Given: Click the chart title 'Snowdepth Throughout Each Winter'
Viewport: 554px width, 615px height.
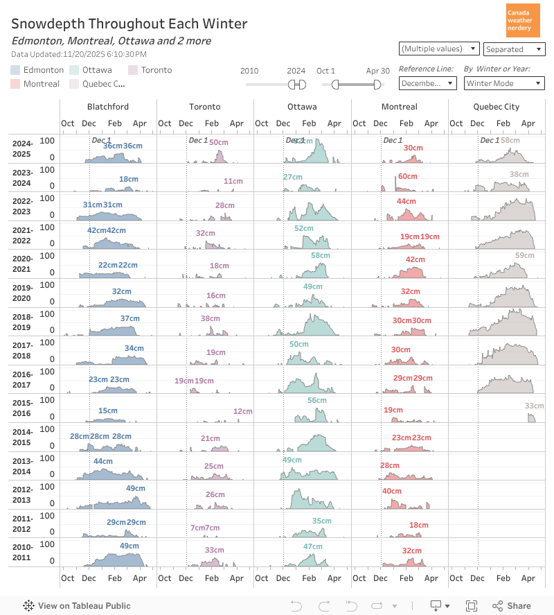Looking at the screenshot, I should (129, 24).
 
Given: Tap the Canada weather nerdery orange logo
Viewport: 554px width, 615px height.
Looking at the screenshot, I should (524, 21).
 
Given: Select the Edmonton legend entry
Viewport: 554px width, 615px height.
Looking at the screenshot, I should (37, 70).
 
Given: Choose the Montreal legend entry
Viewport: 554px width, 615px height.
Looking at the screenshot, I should (35, 83).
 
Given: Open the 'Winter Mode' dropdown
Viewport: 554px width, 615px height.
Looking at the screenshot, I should (503, 83).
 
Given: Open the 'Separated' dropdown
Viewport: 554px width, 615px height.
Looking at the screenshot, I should (514, 49).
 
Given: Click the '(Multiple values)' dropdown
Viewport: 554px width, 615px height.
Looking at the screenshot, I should (439, 49).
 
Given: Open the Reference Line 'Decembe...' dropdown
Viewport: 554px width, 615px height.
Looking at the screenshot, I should (427, 83).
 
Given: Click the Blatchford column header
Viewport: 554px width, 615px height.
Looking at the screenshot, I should (108, 107).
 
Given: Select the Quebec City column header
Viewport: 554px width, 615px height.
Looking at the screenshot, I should (496, 107).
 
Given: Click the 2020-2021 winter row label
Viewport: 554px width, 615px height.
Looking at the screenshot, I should (21, 263).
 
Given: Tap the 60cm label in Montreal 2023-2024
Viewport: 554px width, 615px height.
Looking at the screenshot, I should (408, 177).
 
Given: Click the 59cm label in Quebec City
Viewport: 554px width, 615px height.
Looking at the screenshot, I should (525, 256).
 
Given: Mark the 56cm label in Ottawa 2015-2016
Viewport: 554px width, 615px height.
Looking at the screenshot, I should (316, 401).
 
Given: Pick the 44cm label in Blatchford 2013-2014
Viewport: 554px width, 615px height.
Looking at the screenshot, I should (102, 462).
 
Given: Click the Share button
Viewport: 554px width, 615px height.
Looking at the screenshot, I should (512, 605).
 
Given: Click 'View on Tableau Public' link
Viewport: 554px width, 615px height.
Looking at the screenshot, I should (77, 605).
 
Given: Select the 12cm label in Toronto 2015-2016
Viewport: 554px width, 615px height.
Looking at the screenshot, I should (242, 412).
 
